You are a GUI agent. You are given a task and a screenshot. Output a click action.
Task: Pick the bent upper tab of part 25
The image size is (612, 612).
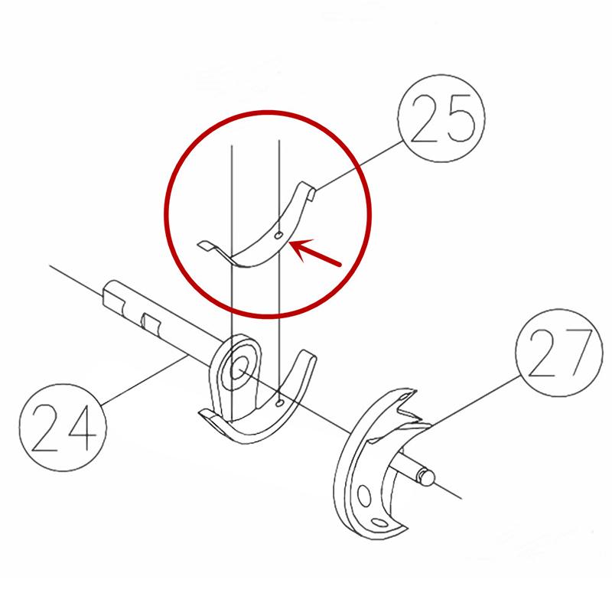click(x=308, y=189)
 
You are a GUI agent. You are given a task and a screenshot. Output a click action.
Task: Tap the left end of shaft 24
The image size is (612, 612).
click(x=109, y=292)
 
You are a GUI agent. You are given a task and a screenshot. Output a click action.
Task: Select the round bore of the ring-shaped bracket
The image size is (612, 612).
click(x=239, y=368)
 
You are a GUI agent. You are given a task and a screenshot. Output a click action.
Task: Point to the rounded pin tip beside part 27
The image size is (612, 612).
click(x=428, y=477)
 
